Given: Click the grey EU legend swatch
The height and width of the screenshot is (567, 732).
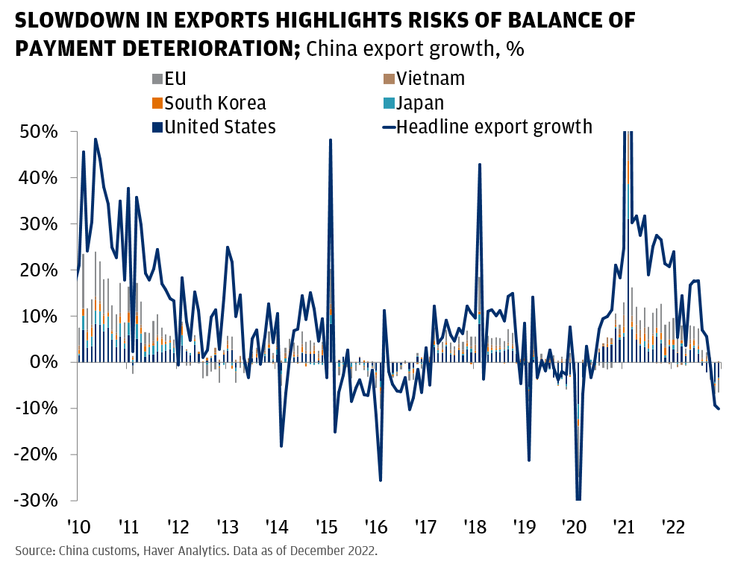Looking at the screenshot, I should point(157,79).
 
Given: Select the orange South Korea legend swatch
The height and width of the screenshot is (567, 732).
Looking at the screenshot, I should point(157,103).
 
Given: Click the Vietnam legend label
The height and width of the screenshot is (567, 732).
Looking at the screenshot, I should point(431,78).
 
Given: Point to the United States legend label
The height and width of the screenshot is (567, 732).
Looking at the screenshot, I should point(219,127).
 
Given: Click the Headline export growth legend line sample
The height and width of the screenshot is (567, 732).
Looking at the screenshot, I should point(388,127).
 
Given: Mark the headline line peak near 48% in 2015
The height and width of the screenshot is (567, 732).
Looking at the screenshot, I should point(330,140).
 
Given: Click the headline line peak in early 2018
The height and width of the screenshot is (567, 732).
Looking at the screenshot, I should point(479,165).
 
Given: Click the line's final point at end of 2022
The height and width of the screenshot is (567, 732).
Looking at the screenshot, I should point(719,409).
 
